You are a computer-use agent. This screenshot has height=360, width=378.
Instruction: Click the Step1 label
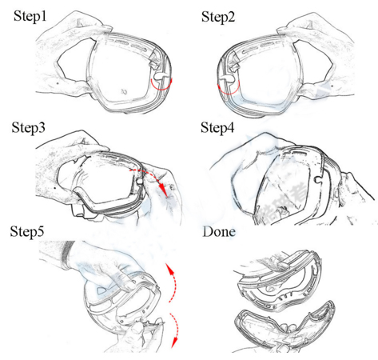coord(30,16)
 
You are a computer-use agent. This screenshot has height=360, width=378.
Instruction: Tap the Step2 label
coord(218,17)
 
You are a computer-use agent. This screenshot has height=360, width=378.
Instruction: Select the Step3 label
coord(28,127)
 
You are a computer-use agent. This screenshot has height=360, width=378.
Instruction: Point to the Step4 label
coord(217,127)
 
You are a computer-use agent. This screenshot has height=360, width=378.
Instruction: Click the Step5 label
coord(27,231)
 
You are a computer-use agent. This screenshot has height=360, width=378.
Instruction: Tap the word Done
coord(219,231)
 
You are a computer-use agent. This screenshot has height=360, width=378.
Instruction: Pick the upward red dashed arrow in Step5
coord(174,282)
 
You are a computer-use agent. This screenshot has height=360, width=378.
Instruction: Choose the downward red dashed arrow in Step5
coord(177,330)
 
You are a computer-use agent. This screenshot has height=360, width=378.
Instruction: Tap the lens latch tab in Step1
coord(159,76)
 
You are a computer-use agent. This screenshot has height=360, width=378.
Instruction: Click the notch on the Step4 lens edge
coord(318,179)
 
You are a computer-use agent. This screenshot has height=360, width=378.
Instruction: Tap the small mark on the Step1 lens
coord(124,92)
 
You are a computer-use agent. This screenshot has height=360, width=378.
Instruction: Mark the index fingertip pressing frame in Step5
coord(130,287)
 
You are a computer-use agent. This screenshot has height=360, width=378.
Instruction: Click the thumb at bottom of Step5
coord(137,330)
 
